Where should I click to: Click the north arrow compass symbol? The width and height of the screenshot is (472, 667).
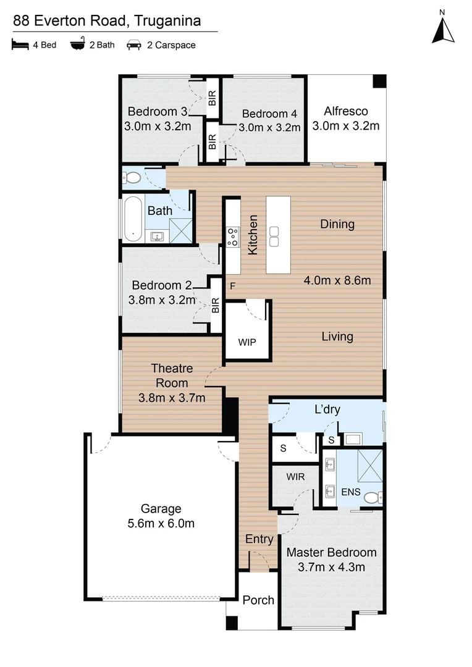click(442, 28)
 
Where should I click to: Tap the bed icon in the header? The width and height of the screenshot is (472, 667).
click(19, 45)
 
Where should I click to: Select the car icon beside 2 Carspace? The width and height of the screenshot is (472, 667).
click(133, 45)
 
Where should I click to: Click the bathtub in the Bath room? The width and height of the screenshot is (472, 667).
click(132, 218)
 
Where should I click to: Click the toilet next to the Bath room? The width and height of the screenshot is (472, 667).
click(132, 178)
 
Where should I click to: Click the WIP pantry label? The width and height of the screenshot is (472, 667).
click(247, 342)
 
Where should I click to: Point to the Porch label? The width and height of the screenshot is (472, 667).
click(258, 600)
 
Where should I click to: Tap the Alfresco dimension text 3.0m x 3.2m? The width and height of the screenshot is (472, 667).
click(346, 126)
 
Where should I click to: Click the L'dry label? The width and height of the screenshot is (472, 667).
click(327, 409)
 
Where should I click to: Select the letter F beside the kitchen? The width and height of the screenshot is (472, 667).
click(233, 286)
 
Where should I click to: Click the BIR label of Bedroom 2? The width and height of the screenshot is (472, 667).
click(216, 304)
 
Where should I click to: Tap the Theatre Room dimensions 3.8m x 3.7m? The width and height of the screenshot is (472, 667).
click(172, 398)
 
